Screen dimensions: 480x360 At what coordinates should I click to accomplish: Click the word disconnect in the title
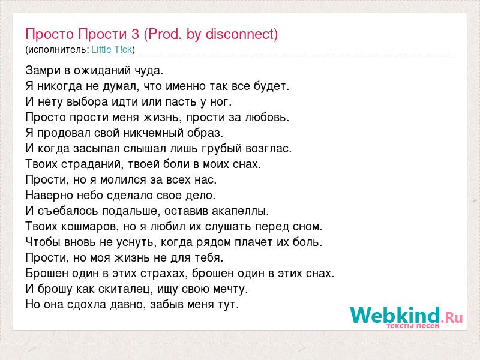coord(239,34)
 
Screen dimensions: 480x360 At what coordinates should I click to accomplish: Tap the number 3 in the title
coord(135,34)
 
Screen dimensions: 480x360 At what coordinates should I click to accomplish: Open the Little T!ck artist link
coord(112,49)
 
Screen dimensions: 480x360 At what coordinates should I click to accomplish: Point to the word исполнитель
coord(58,50)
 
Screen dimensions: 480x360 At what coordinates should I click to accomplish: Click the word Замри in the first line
coord(43,71)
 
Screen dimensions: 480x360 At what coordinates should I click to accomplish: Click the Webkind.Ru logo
coord(406,317)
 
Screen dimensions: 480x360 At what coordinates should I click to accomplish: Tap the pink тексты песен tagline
coord(413,326)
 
